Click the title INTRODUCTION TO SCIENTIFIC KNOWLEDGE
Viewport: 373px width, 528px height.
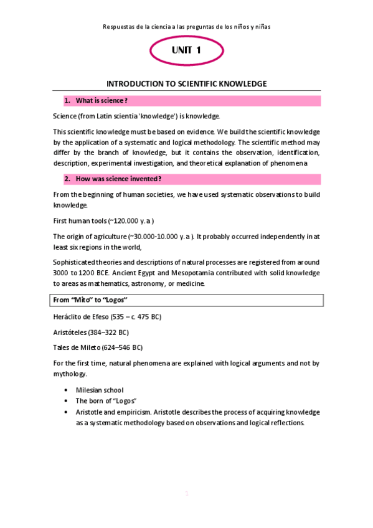click(186, 83)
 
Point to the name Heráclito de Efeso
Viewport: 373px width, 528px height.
click(81, 317)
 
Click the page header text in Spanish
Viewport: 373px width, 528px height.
click(186, 27)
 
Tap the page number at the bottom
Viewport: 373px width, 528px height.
click(186, 493)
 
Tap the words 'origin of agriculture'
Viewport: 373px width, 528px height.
click(96, 237)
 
